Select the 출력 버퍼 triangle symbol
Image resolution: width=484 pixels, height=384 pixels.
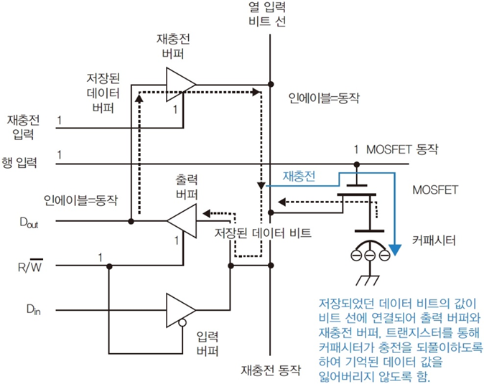tap(182, 220)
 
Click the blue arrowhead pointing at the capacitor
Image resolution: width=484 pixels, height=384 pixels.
tap(394, 251)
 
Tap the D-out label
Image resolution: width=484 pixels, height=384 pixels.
tap(28, 223)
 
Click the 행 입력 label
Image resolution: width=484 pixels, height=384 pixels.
tap(23, 164)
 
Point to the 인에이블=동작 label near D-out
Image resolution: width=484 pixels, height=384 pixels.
tap(80, 198)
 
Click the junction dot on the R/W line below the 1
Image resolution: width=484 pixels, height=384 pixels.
tap(109, 266)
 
